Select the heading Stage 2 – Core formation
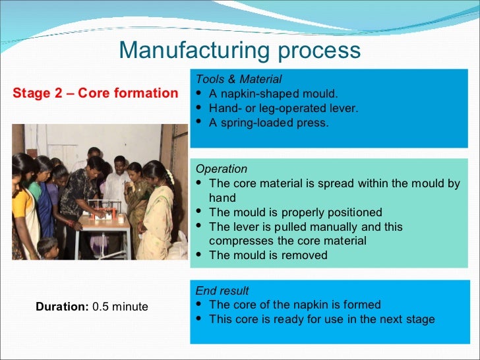point(96,93)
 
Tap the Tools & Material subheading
point(239,79)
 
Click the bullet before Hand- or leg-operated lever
point(199,108)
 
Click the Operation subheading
point(222,169)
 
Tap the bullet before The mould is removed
point(199,255)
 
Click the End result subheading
point(222,290)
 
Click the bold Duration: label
point(63,307)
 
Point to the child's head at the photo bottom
point(47,245)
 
